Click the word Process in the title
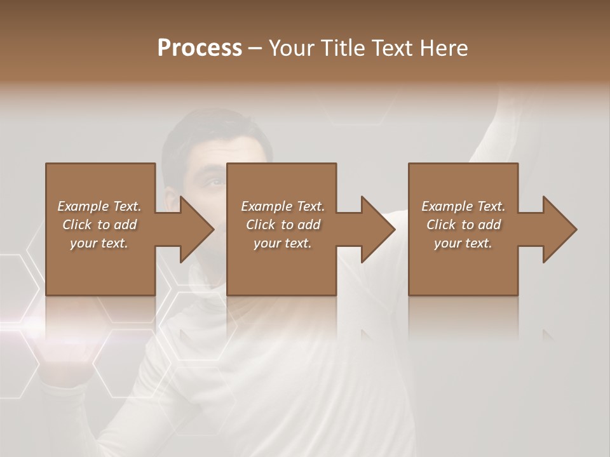200,48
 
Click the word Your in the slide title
290,48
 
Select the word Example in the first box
83,206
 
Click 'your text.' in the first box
99,243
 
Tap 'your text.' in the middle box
282,243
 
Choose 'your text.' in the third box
463,243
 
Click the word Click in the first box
77,225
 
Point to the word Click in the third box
441,225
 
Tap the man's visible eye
215,183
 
